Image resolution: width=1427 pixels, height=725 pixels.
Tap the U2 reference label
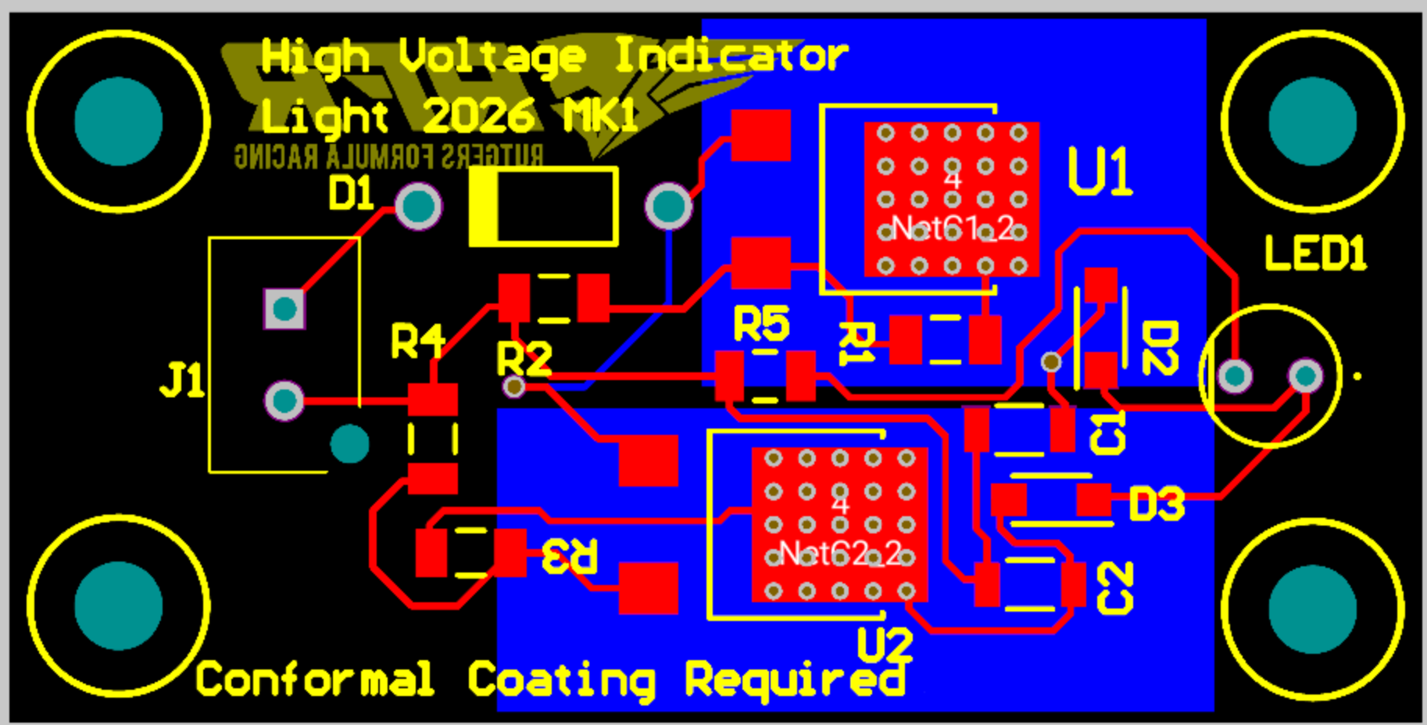pyautogui.click(x=885, y=645)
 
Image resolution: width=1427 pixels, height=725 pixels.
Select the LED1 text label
pyautogui.click(x=1314, y=253)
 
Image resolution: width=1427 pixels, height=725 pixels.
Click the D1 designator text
pyautogui.click(x=351, y=193)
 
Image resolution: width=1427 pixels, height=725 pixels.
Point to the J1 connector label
pyautogui.click(x=182, y=381)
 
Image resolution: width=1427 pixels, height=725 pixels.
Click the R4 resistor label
pyautogui.click(x=417, y=342)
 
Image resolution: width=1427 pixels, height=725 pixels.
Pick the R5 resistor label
pyautogui.click(x=760, y=324)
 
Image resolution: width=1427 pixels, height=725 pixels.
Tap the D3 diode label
pyautogui.click(x=1157, y=504)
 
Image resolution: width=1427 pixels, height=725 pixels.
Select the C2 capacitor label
pyautogui.click(x=1115, y=587)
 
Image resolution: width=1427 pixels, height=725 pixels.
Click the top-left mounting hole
pyautogui.click(x=119, y=121)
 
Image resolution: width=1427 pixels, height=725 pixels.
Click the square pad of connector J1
pyautogui.click(x=284, y=309)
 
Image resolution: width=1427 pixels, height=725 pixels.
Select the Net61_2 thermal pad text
pyautogui.click(x=953, y=228)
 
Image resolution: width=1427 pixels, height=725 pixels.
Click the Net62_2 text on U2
pyautogui.click(x=840, y=554)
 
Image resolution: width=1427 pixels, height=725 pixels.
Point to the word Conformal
pyautogui.click(x=314, y=679)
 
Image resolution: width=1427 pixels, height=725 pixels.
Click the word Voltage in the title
pyautogui.click(x=492, y=56)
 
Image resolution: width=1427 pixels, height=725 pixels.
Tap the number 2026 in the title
pyautogui.click(x=478, y=117)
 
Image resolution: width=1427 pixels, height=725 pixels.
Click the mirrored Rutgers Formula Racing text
pyautogui.click(x=388, y=156)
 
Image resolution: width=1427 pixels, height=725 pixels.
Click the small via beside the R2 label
pyautogui.click(x=513, y=386)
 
